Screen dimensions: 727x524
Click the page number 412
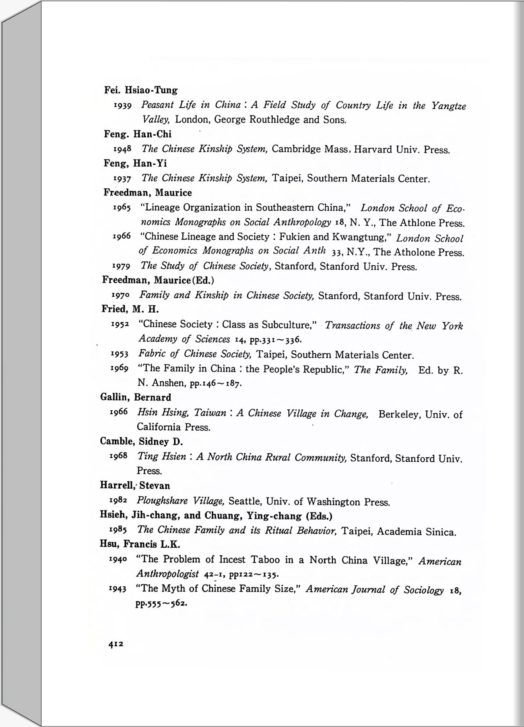(116, 644)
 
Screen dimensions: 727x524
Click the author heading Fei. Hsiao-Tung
(140, 90)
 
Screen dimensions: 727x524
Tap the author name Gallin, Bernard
(136, 397)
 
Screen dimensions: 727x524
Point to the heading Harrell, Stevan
(135, 485)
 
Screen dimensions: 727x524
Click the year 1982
(118, 500)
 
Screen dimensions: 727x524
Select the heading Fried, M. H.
(130, 309)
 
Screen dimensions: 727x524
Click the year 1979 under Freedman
(120, 266)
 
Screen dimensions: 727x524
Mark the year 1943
(118, 589)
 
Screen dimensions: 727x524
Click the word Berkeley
(398, 415)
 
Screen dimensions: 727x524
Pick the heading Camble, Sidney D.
(141, 442)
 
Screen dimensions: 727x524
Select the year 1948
(122, 149)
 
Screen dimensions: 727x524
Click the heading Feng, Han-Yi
(135, 163)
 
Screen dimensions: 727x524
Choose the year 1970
(120, 295)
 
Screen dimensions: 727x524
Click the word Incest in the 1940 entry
(232, 560)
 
